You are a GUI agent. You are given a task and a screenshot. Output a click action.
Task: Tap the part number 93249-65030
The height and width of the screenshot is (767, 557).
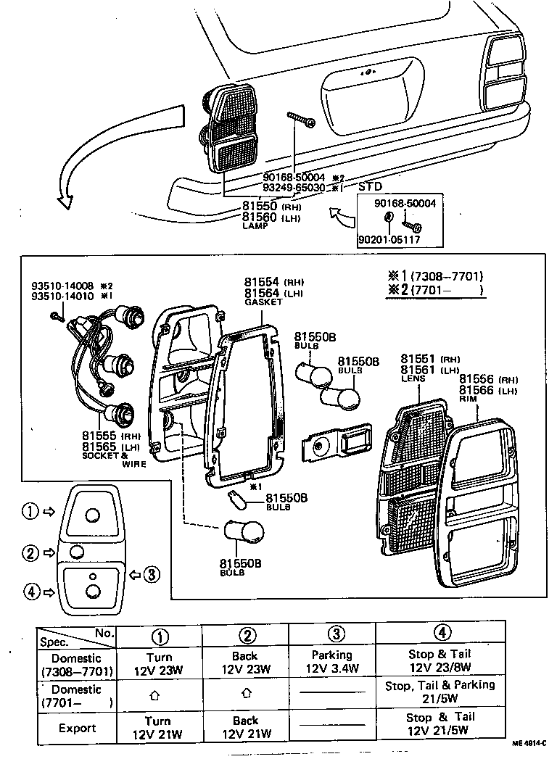click(x=294, y=188)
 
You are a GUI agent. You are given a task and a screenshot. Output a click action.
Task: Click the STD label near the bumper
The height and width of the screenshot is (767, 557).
click(x=372, y=186)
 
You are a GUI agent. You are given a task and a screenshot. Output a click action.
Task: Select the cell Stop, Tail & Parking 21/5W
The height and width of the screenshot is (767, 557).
click(x=450, y=691)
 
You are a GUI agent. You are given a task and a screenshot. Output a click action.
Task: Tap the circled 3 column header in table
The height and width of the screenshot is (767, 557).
click(x=335, y=634)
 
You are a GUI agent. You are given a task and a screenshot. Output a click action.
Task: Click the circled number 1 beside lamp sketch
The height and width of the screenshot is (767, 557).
click(x=29, y=512)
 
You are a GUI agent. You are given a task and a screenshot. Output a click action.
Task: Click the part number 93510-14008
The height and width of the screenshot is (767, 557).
click(x=62, y=286)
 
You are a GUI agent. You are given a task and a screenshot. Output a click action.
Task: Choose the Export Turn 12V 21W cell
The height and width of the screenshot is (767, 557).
click(x=157, y=727)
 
